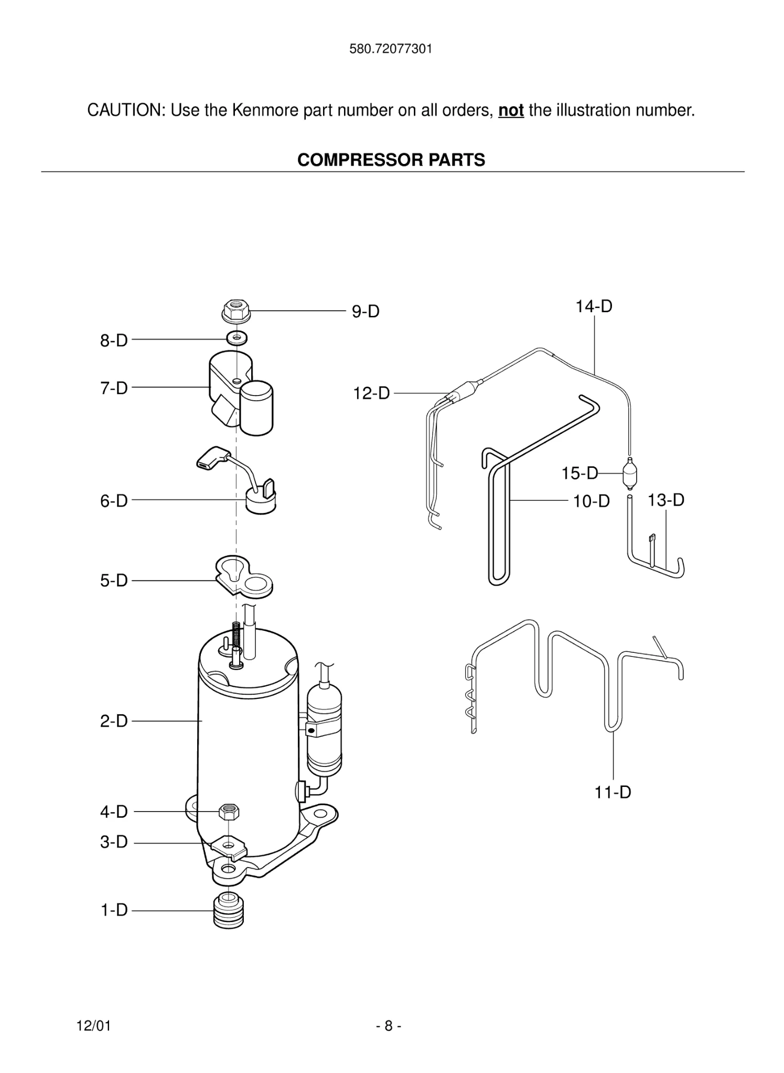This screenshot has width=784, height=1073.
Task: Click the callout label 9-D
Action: (x=365, y=312)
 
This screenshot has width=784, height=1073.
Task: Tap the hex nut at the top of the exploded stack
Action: (x=236, y=311)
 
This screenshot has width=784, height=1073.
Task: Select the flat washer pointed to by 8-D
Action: (x=238, y=337)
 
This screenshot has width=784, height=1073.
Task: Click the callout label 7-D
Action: (x=114, y=388)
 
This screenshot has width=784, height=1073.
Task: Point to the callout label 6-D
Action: (x=114, y=501)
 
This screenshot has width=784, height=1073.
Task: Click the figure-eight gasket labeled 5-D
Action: (x=244, y=577)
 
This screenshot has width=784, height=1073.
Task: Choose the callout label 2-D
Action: (x=114, y=721)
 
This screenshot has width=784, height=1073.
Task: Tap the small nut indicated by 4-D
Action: (x=229, y=812)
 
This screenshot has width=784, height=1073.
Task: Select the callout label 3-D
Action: (x=114, y=842)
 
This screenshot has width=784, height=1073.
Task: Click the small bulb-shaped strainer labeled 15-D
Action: (x=629, y=474)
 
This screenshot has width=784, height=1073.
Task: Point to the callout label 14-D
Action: (x=594, y=306)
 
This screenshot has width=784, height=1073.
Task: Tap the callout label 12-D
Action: (x=371, y=393)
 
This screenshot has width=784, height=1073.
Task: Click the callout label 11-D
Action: (x=612, y=792)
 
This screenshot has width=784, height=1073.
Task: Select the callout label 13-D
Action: (x=665, y=500)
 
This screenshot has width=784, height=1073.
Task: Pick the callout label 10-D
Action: (x=591, y=501)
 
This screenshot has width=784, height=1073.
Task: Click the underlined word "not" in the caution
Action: (x=511, y=111)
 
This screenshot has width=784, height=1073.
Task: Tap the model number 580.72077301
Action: (x=391, y=49)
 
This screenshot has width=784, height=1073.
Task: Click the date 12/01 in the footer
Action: (x=94, y=1026)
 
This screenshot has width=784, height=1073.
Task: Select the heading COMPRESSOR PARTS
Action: (x=391, y=160)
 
